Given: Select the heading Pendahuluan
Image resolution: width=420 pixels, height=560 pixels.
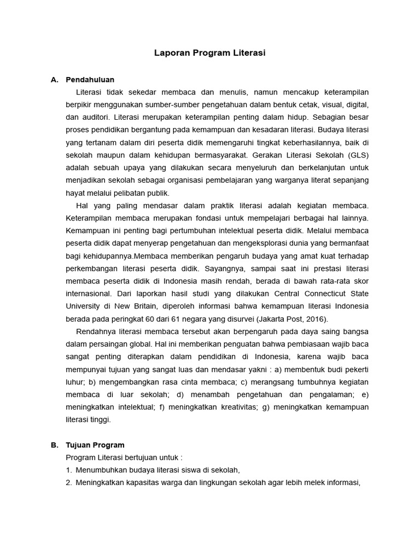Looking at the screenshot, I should [90, 79].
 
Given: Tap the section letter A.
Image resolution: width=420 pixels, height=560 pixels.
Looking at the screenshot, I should [54, 79].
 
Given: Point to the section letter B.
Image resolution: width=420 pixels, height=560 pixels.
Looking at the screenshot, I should [54, 445].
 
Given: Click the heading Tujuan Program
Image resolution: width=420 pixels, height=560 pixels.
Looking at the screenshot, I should [95, 445].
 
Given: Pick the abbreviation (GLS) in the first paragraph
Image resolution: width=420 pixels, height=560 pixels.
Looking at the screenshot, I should [357, 155].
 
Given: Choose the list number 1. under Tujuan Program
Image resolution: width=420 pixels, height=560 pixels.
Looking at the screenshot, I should [69, 469].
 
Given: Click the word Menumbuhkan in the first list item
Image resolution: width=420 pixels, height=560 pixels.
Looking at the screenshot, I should [101, 469].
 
